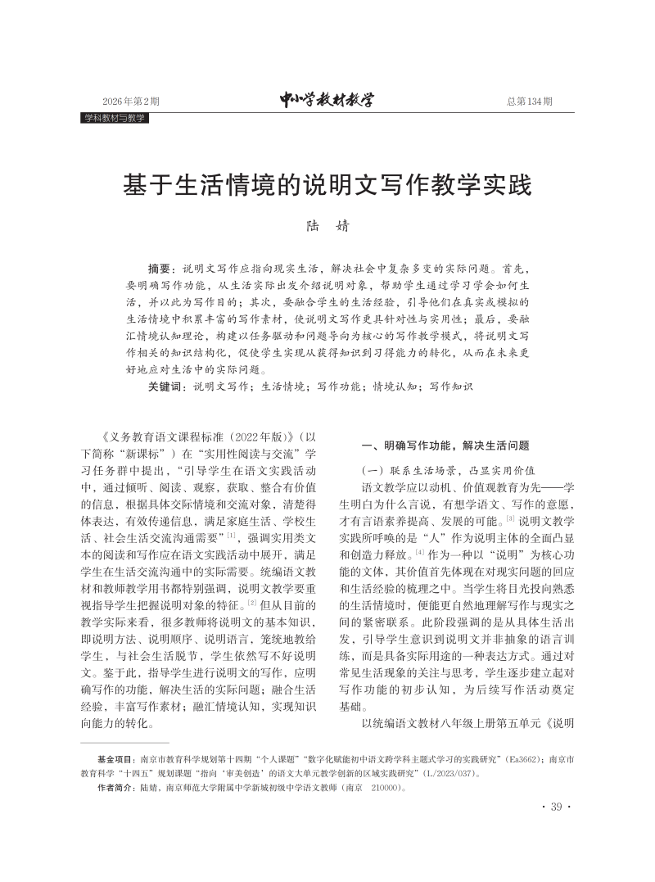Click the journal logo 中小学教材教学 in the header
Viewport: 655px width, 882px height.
[x=327, y=101]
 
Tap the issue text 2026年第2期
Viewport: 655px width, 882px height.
[x=131, y=102]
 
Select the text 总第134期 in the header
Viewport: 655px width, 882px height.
[x=529, y=102]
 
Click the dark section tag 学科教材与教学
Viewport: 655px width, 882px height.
[x=115, y=118]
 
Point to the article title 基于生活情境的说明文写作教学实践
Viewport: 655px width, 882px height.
[x=327, y=185]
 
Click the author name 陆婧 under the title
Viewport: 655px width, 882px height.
[x=327, y=226]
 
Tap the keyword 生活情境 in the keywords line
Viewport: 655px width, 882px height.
[x=285, y=386]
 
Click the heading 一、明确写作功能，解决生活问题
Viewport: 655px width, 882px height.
[x=446, y=446]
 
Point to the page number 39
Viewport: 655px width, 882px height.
[x=556, y=807]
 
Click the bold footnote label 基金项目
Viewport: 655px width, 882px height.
[x=116, y=760]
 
